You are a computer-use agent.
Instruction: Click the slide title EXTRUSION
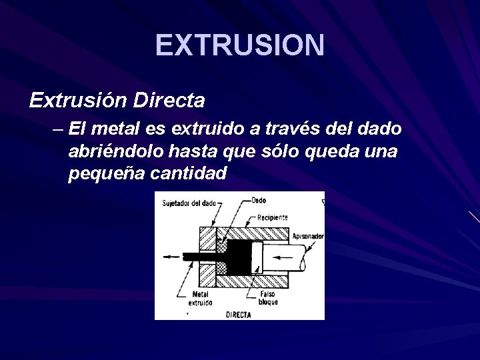240,45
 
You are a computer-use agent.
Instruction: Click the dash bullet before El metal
56,128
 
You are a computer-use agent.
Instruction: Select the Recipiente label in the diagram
273,217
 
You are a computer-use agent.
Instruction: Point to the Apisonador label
307,236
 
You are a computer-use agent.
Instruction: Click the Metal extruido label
200,297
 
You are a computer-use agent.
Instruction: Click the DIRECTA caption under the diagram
238,314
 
